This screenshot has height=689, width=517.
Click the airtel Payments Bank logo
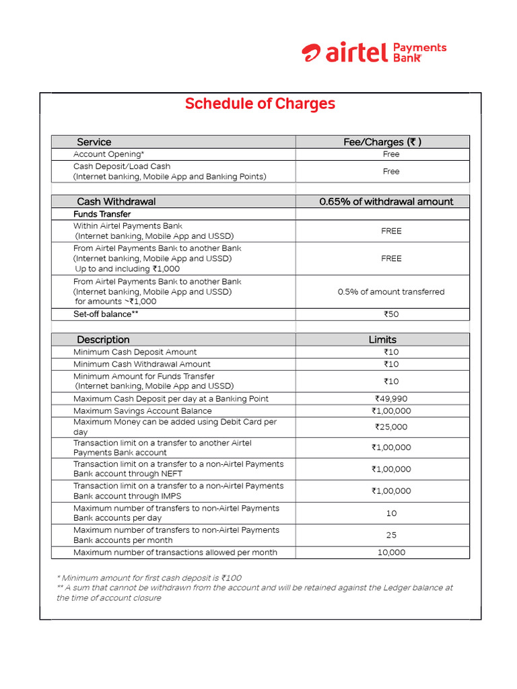coord(374,52)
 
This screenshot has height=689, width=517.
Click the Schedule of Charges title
coord(260,104)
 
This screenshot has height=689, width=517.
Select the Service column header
coord(94,142)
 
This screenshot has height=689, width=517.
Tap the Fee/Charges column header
coord(382,142)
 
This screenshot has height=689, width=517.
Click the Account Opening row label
coord(109,154)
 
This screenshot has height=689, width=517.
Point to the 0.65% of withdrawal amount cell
coord(386,201)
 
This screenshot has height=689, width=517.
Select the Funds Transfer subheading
coord(102,214)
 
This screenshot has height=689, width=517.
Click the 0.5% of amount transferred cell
coord(390,292)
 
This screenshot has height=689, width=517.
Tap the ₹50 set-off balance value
coord(391,314)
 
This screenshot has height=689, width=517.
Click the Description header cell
coord(103,340)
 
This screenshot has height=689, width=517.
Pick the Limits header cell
coord(382,340)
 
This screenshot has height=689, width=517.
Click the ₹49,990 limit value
coord(391,399)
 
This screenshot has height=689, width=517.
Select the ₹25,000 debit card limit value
coord(391,427)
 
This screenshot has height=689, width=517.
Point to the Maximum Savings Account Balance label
coord(143,411)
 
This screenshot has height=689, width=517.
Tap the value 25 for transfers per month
coord(391,536)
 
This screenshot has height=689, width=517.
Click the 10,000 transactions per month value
coord(391,552)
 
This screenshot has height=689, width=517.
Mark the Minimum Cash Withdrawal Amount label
coord(142,364)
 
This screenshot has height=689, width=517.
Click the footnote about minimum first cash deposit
coord(149,578)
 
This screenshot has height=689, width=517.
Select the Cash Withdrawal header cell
coord(116,201)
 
